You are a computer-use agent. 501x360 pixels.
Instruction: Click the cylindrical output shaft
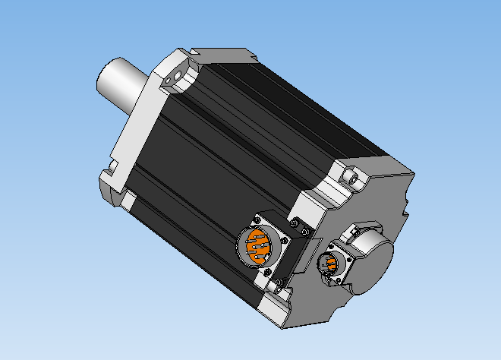pyautogui.click(x=121, y=83)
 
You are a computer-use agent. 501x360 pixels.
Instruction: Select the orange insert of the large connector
pyautogui.click(x=257, y=248)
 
